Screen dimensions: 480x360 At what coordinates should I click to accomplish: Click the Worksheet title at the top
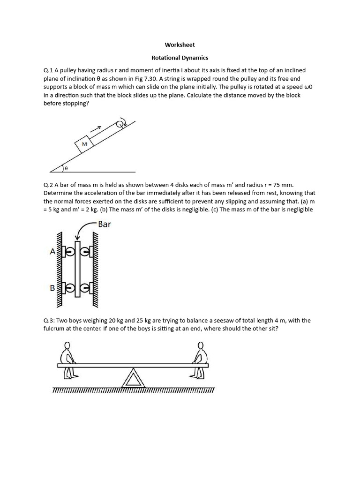[x=180, y=45]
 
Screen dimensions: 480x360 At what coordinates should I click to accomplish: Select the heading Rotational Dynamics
[x=180, y=58]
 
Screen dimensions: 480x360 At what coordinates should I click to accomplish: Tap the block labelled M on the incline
[x=85, y=144]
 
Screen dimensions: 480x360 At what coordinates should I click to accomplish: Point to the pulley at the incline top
[x=120, y=124]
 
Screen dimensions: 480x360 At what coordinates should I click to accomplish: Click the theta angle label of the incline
[x=66, y=167]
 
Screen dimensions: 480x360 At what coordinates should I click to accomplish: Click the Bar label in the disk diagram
[x=104, y=224]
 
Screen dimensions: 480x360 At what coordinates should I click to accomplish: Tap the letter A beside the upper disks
[x=52, y=252]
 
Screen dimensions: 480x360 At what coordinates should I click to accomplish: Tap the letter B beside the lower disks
[x=52, y=288]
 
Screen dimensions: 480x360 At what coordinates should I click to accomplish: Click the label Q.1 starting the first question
[x=48, y=70]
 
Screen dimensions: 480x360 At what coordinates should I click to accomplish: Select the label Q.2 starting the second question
[x=48, y=185]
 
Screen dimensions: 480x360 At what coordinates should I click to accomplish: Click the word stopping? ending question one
[x=75, y=104]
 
